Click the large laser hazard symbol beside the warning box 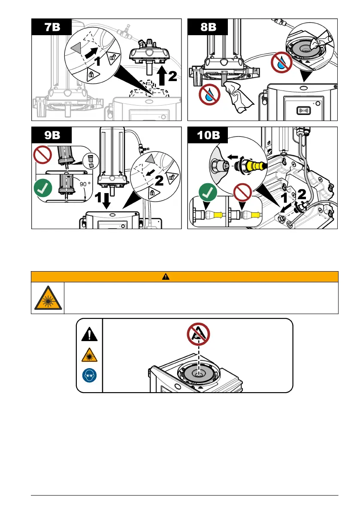[x=47, y=297]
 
